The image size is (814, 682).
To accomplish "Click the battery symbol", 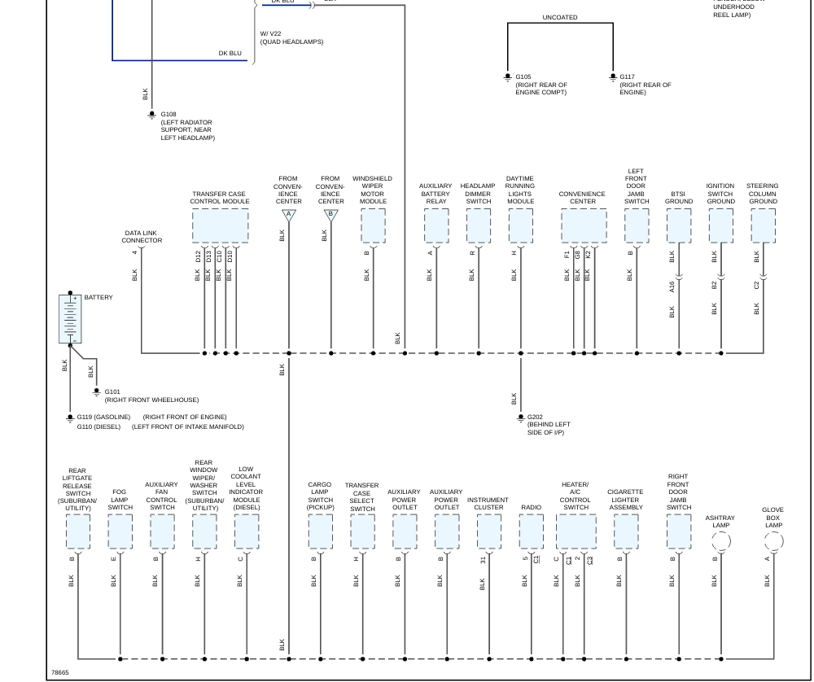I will tap(70, 319).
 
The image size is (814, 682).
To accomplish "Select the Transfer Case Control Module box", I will tap(220, 225).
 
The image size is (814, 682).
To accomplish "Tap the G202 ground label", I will tap(534, 417).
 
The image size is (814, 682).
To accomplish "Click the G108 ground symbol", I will tap(151, 116).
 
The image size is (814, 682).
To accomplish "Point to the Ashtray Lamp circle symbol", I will tap(720, 541).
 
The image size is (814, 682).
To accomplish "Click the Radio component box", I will tap(531, 531).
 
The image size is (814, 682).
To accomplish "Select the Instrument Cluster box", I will tap(488, 531).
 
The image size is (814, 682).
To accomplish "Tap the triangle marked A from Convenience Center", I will tap(288, 216).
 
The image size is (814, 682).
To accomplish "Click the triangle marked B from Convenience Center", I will tap(330, 216).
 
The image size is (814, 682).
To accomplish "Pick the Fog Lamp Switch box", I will tap(120, 531).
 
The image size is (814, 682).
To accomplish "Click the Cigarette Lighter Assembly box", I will tap(625, 531).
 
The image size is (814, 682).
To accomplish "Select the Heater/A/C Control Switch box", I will tap(575, 531).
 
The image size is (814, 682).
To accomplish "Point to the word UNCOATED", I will tap(560, 17).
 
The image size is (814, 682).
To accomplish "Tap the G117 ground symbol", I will tap(613, 78).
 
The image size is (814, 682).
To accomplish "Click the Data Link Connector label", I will tap(142, 237).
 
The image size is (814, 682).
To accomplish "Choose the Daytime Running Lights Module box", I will tap(520, 225).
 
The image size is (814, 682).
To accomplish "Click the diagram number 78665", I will tap(60, 672).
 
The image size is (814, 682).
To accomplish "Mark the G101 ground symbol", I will tap(96, 392).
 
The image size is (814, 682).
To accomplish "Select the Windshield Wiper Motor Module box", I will tap(373, 225).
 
